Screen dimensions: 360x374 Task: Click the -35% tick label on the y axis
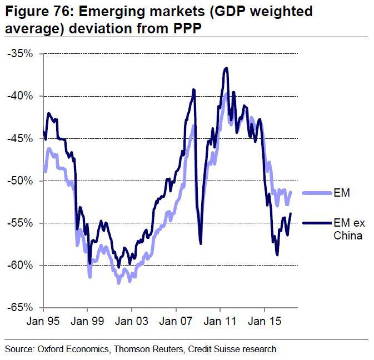[21, 54]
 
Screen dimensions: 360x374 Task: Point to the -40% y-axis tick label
[21, 96]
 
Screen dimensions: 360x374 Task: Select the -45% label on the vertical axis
[21, 138]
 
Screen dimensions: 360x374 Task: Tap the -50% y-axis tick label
[21, 181]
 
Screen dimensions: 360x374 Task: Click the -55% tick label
[21, 223]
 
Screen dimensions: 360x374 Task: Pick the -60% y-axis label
[21, 266]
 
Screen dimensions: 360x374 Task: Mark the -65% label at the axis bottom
[21, 308]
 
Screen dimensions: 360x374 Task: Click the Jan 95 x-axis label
[43, 322]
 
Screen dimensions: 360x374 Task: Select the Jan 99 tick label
[87, 322]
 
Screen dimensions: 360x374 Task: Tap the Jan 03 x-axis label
[132, 322]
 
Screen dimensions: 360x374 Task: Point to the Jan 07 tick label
[176, 322]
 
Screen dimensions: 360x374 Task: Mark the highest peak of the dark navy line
[226, 68]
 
